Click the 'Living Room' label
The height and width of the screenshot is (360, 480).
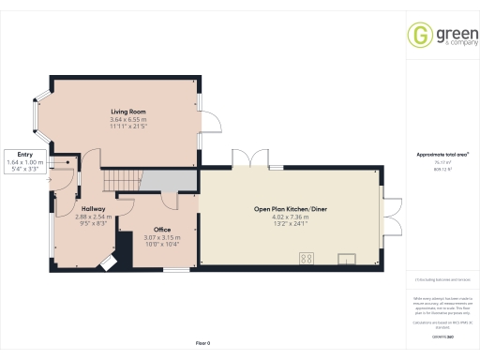(x=127, y=112)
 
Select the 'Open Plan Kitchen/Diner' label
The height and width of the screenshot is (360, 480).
(x=291, y=208)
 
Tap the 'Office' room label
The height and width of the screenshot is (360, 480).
(x=162, y=230)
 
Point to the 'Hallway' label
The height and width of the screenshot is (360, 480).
(x=93, y=208)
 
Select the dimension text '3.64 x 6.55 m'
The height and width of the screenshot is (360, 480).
(x=127, y=119)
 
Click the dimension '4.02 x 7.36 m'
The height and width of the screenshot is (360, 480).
(x=291, y=217)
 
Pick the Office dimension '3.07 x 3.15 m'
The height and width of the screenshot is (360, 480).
(x=161, y=237)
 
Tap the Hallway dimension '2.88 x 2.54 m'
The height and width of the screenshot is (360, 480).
(x=93, y=217)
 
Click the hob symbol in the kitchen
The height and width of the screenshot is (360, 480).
(x=306, y=257)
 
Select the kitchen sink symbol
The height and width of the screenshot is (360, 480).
(x=348, y=257)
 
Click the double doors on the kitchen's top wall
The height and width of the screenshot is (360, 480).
(x=246, y=157)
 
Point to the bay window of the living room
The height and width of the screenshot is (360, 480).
(x=39, y=117)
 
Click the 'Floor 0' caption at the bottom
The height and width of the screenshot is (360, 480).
(x=202, y=344)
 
